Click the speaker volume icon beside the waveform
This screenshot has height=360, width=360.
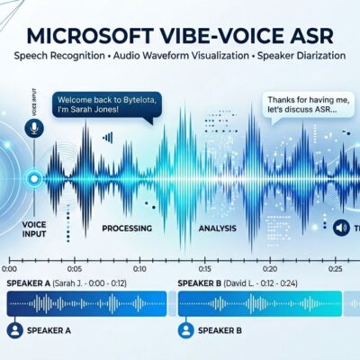(x=341, y=228)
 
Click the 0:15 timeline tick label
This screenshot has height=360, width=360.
(x=204, y=268)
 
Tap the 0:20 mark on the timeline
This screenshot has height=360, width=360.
(x=269, y=268)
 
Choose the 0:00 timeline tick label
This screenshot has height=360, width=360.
(x=10, y=268)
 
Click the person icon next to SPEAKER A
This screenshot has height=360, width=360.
(x=14, y=331)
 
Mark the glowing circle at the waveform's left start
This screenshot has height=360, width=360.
(x=34, y=179)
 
